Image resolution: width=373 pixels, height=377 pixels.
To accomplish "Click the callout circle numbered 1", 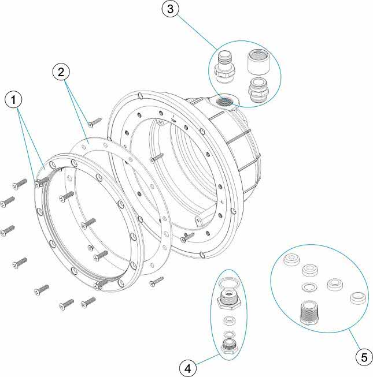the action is tap(13, 99).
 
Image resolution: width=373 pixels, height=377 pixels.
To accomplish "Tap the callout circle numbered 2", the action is tap(61, 72).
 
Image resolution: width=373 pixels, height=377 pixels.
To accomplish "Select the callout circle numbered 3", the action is tap(170, 9).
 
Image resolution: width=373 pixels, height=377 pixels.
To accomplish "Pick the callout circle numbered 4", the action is tap(188, 368).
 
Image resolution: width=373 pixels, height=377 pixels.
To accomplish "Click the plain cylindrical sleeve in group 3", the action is tap(258, 62).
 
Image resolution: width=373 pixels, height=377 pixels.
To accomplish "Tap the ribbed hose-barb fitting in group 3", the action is tap(224, 68).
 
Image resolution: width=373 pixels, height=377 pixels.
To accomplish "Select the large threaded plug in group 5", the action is tap(309, 313).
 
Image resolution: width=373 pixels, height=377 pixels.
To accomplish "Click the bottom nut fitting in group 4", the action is tap(229, 348).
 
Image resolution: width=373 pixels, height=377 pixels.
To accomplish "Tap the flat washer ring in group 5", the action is tap(309, 286).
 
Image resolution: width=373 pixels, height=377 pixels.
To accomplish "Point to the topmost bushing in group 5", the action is tap(292, 260).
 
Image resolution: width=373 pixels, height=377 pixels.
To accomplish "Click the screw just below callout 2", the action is tap(95, 122).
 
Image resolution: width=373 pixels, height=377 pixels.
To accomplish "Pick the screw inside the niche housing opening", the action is tap(157, 157).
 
